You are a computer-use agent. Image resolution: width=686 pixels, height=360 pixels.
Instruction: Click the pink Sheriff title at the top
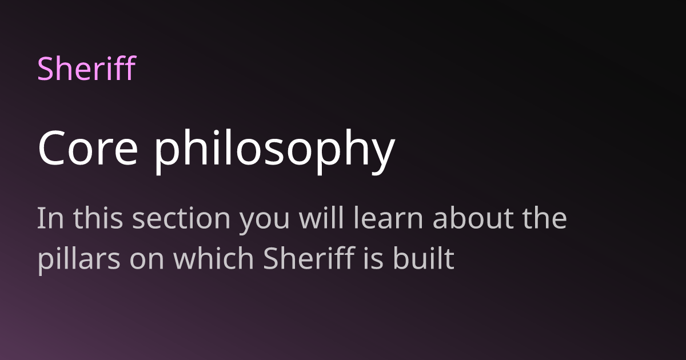click(x=86, y=68)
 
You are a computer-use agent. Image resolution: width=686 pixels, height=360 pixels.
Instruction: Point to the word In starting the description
click(x=47, y=219)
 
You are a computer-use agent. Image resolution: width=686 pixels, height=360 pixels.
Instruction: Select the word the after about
click(x=543, y=219)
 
